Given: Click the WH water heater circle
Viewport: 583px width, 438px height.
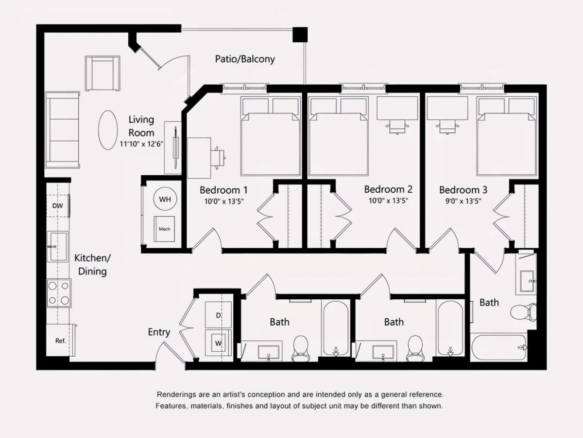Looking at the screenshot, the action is click(x=165, y=199).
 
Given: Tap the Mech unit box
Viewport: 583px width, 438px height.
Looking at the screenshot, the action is click(x=164, y=229).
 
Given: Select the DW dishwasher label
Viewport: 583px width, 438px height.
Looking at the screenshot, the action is click(x=58, y=205).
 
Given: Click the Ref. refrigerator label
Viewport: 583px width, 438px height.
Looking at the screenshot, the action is click(x=60, y=341).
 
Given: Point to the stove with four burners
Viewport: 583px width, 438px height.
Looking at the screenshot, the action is click(x=59, y=293).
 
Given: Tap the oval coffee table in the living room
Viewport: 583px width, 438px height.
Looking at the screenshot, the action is click(x=108, y=130).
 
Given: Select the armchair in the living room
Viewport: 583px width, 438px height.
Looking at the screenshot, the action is click(x=103, y=73).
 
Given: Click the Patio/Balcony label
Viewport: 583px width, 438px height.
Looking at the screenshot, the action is click(x=245, y=59).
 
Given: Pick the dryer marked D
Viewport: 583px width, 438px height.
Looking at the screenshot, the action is click(x=218, y=315).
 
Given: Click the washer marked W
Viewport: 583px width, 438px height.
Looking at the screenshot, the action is click(x=218, y=343).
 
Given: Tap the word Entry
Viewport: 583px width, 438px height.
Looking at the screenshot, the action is click(x=159, y=332).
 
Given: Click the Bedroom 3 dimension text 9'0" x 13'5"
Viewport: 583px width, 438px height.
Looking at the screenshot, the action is click(x=463, y=201).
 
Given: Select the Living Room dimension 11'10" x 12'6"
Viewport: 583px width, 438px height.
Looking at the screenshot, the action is click(x=141, y=144).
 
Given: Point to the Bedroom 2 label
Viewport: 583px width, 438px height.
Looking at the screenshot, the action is click(x=388, y=189).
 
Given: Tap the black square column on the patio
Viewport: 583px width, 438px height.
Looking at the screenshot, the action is click(x=300, y=35).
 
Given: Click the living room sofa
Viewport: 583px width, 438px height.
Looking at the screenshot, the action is click(x=62, y=130).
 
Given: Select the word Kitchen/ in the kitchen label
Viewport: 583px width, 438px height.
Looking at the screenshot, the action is click(x=92, y=258).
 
